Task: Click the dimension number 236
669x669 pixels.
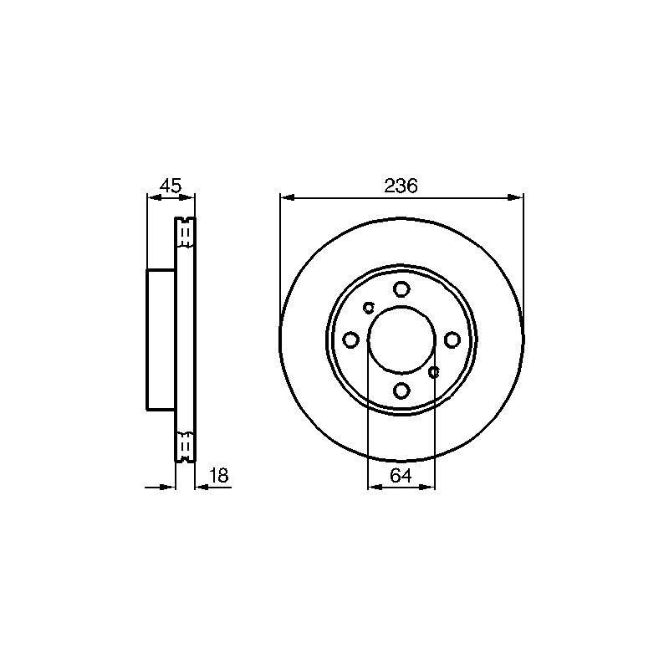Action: click(401, 186)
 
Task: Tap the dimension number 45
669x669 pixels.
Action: click(171, 186)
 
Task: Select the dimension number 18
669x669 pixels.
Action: click(219, 475)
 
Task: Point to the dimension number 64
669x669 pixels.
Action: click(401, 475)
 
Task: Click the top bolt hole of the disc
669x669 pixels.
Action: click(401, 289)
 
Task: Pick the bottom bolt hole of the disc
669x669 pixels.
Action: click(401, 390)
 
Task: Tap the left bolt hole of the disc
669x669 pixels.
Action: click(350, 340)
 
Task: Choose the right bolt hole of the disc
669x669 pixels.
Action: click(452, 340)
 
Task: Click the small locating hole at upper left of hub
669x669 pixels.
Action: click(368, 307)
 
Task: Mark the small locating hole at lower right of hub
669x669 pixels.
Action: click(433, 372)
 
